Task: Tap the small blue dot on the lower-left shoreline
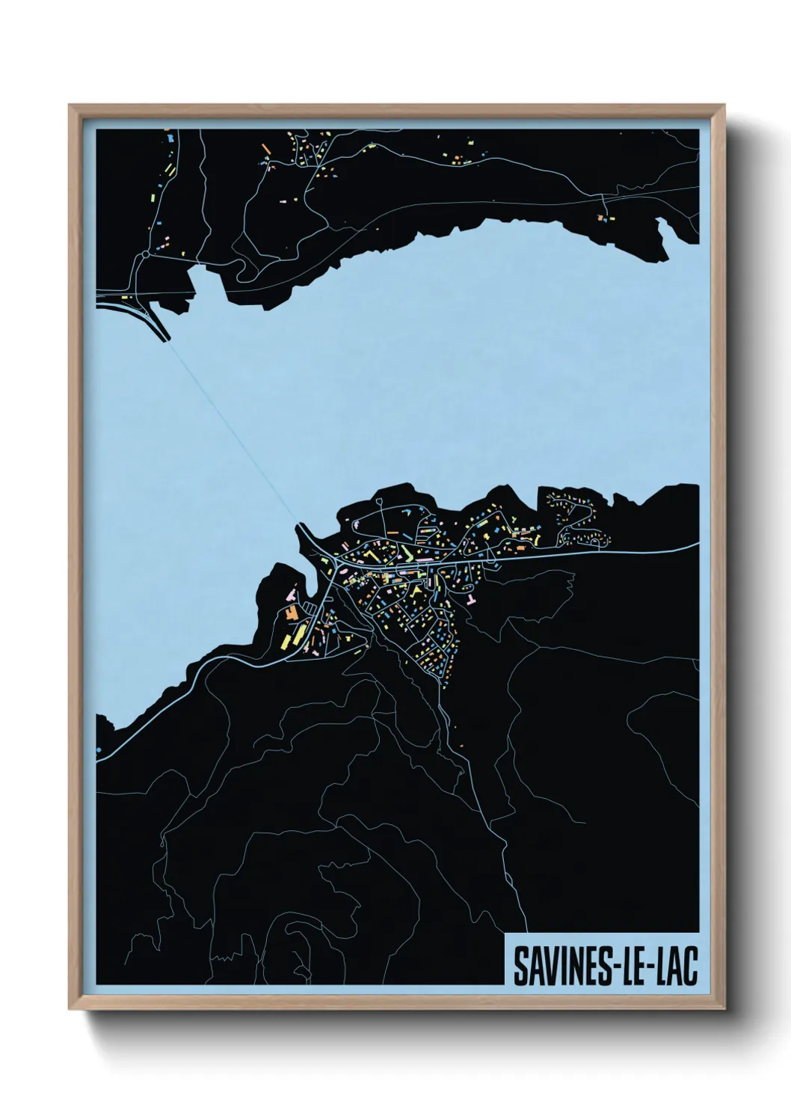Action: click(99, 747)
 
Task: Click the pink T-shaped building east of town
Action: click(470, 601)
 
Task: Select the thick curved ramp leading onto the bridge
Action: click(153, 322)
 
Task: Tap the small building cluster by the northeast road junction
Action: click(602, 218)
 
